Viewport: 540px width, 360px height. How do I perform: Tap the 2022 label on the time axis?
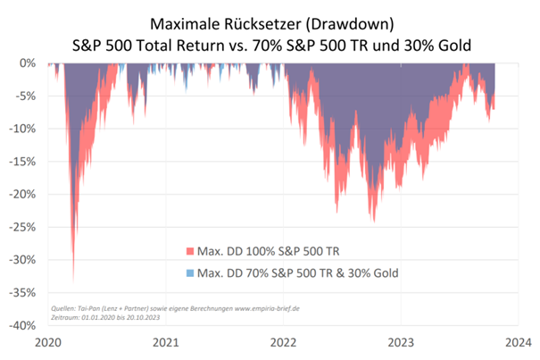[283, 342]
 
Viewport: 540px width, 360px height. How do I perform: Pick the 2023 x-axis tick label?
[401, 342]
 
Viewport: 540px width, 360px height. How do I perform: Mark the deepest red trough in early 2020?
[73, 280]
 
